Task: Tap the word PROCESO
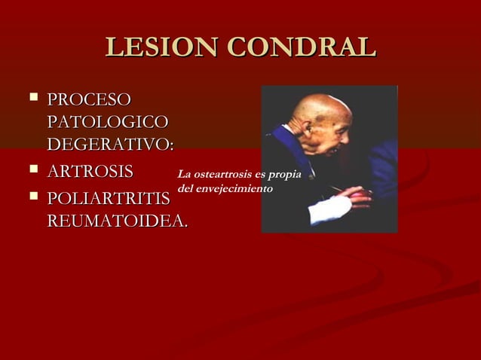point(89,100)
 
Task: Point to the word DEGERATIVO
point(109,142)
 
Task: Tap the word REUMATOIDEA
point(117,221)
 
